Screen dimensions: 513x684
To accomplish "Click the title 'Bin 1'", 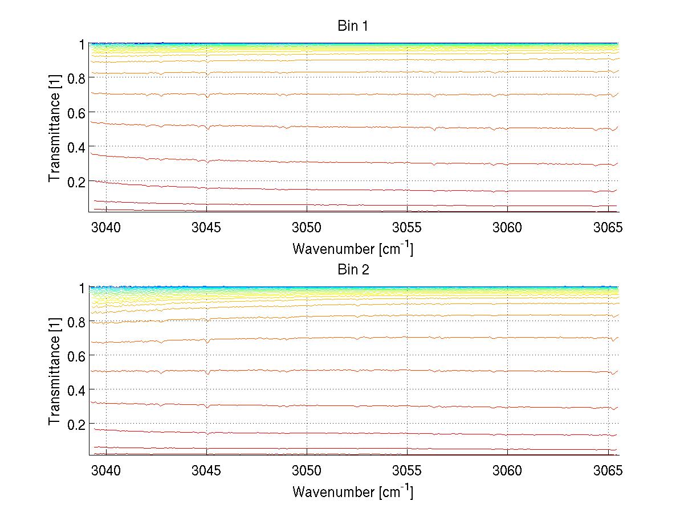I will pos(353,26).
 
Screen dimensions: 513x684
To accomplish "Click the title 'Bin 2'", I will pos(353,270).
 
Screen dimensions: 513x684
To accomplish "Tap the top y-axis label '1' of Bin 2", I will pos(82,288).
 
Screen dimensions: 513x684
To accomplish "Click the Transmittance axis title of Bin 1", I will pos(54,128).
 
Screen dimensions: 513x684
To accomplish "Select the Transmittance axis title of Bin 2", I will pos(54,371).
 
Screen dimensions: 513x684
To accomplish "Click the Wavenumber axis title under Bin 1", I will pos(353,248).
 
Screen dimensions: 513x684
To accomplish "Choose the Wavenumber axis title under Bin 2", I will pos(353,491).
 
